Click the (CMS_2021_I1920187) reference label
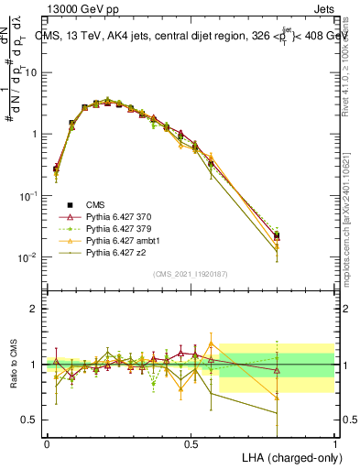[x=191, y=274]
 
